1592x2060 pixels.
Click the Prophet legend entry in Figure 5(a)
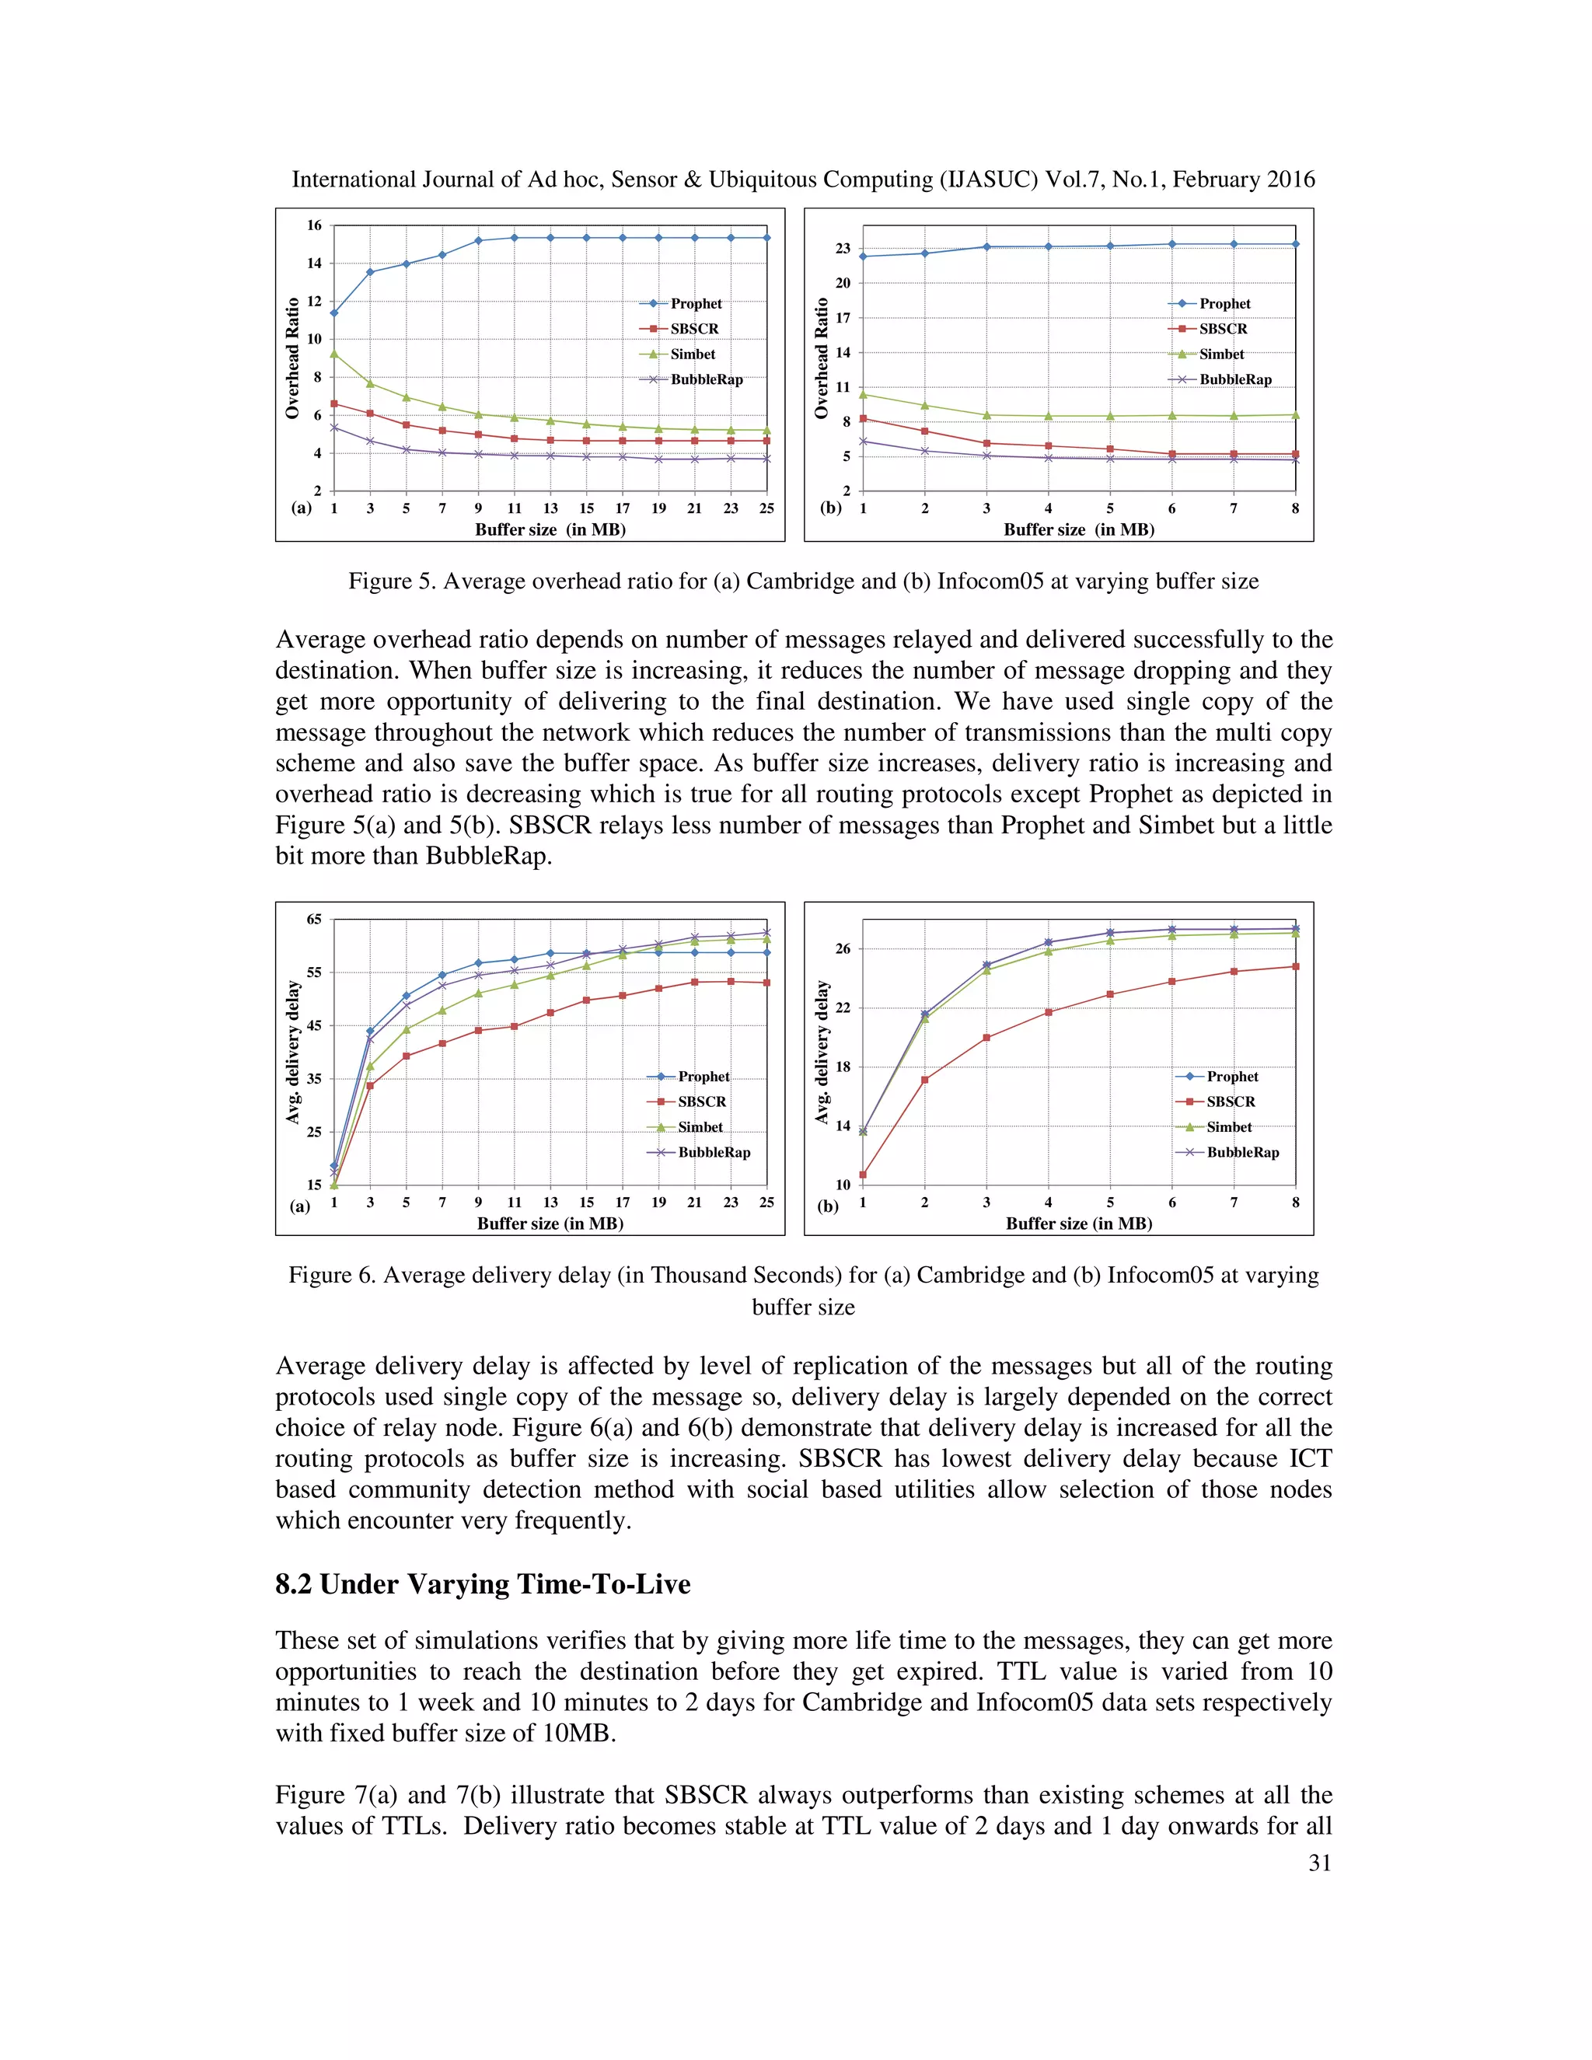pos(695,304)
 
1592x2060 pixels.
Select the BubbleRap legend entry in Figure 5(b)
pos(1234,379)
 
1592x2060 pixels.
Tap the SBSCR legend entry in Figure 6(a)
pos(702,1102)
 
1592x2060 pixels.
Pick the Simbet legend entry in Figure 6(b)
pos(1229,1127)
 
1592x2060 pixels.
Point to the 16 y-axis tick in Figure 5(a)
pos(314,225)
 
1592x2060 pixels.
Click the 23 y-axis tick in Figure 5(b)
pos(842,248)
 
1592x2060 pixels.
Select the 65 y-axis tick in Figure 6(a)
pos(314,920)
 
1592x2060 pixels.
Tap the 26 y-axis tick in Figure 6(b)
pos(842,949)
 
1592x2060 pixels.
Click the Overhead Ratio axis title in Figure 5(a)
pos(292,358)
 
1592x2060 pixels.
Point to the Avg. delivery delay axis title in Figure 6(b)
pos(822,1052)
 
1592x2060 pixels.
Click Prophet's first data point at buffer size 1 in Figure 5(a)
pos(333,313)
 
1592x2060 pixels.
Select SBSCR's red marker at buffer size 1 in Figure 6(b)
pos(863,1175)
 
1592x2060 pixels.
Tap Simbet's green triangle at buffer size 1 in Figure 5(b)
pos(863,394)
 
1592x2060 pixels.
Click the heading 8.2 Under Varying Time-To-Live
pos(482,1583)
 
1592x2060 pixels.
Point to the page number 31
pos(1319,1863)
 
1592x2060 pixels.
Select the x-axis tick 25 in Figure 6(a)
pos(766,1203)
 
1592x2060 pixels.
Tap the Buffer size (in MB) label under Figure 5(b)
pos(1078,530)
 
